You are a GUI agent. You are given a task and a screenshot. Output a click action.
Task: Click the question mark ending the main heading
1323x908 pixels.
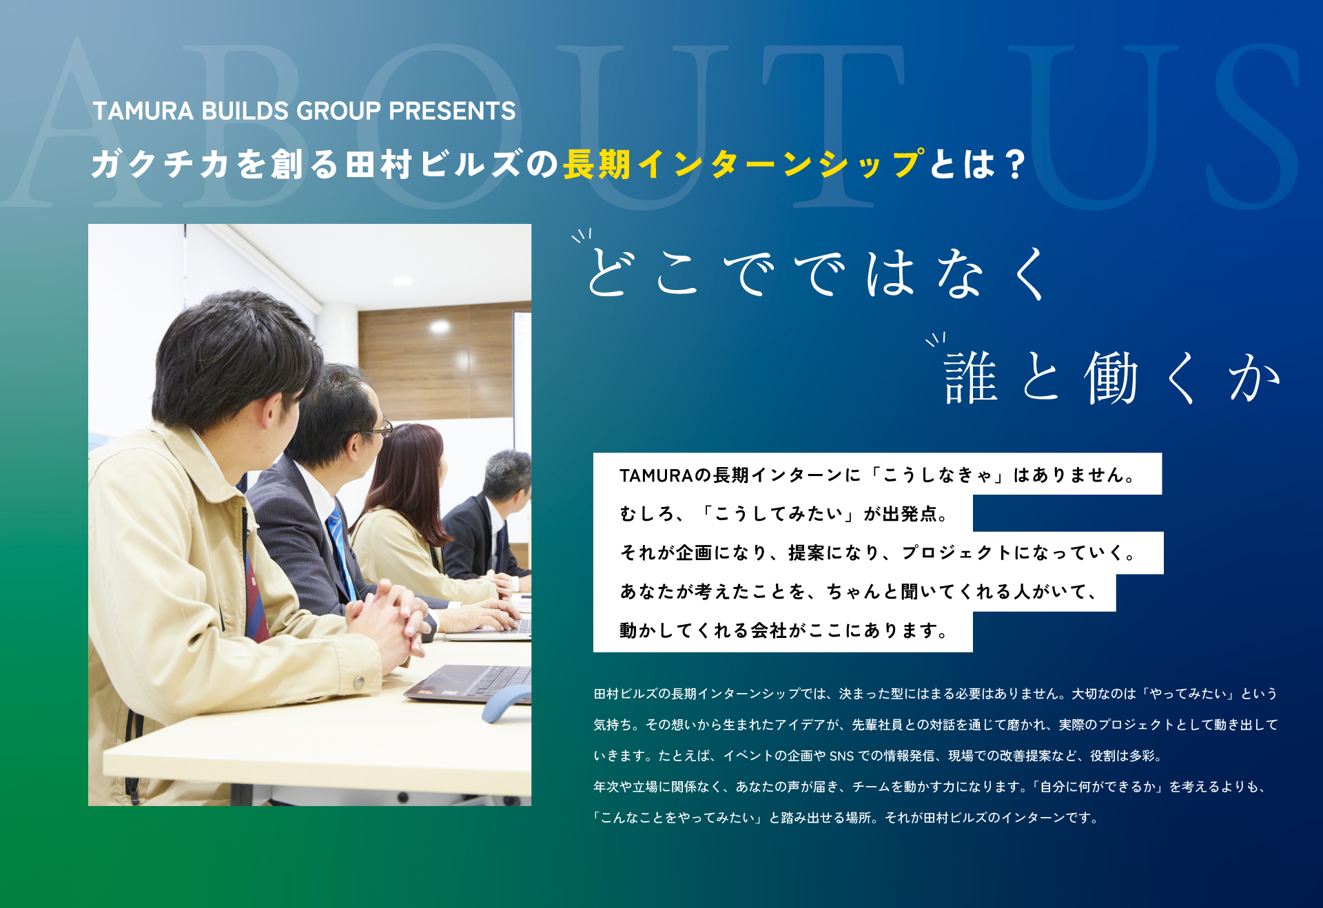pyautogui.click(x=1014, y=165)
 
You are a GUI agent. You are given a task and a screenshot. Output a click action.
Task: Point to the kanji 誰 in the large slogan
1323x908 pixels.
pyautogui.click(x=971, y=377)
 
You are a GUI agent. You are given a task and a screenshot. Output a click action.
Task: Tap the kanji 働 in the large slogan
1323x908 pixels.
pyautogui.click(x=1111, y=377)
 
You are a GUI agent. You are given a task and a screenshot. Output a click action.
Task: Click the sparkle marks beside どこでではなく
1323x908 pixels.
pyautogui.click(x=582, y=236)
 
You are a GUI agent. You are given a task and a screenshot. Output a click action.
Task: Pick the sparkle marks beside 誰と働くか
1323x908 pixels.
pyautogui.click(x=936, y=338)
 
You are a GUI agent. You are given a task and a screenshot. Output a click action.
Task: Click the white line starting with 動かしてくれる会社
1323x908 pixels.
pyautogui.click(x=783, y=630)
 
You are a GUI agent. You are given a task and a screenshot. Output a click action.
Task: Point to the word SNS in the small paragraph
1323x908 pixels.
pyautogui.click(x=841, y=756)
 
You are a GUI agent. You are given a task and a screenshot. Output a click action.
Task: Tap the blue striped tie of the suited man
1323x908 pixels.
pyautogui.click(x=341, y=552)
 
